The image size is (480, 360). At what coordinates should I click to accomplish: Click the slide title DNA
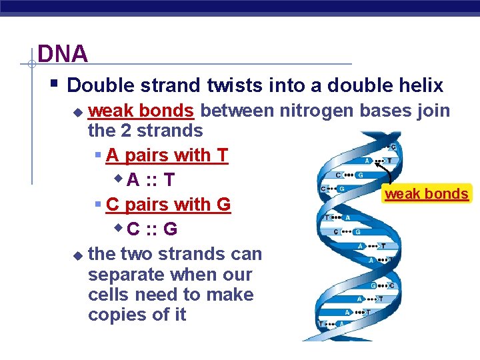(x=63, y=54)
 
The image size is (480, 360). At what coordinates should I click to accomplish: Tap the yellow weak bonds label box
(x=427, y=194)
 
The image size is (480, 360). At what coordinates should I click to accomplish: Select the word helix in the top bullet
(x=418, y=85)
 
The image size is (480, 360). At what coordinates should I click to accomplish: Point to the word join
(x=433, y=110)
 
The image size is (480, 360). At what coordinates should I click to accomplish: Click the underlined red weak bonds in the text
(x=141, y=110)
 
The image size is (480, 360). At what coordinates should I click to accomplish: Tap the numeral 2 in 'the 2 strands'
(x=128, y=131)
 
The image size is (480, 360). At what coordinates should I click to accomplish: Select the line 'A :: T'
(x=151, y=180)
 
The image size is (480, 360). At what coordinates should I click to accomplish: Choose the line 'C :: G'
(x=152, y=229)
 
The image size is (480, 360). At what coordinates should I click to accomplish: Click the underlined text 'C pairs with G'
(x=168, y=205)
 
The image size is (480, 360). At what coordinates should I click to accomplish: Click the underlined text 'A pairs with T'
(x=167, y=155)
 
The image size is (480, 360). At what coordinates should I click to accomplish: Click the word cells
(x=111, y=295)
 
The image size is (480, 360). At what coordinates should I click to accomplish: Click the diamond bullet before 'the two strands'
(x=77, y=255)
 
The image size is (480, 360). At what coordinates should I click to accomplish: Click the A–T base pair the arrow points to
(x=377, y=161)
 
